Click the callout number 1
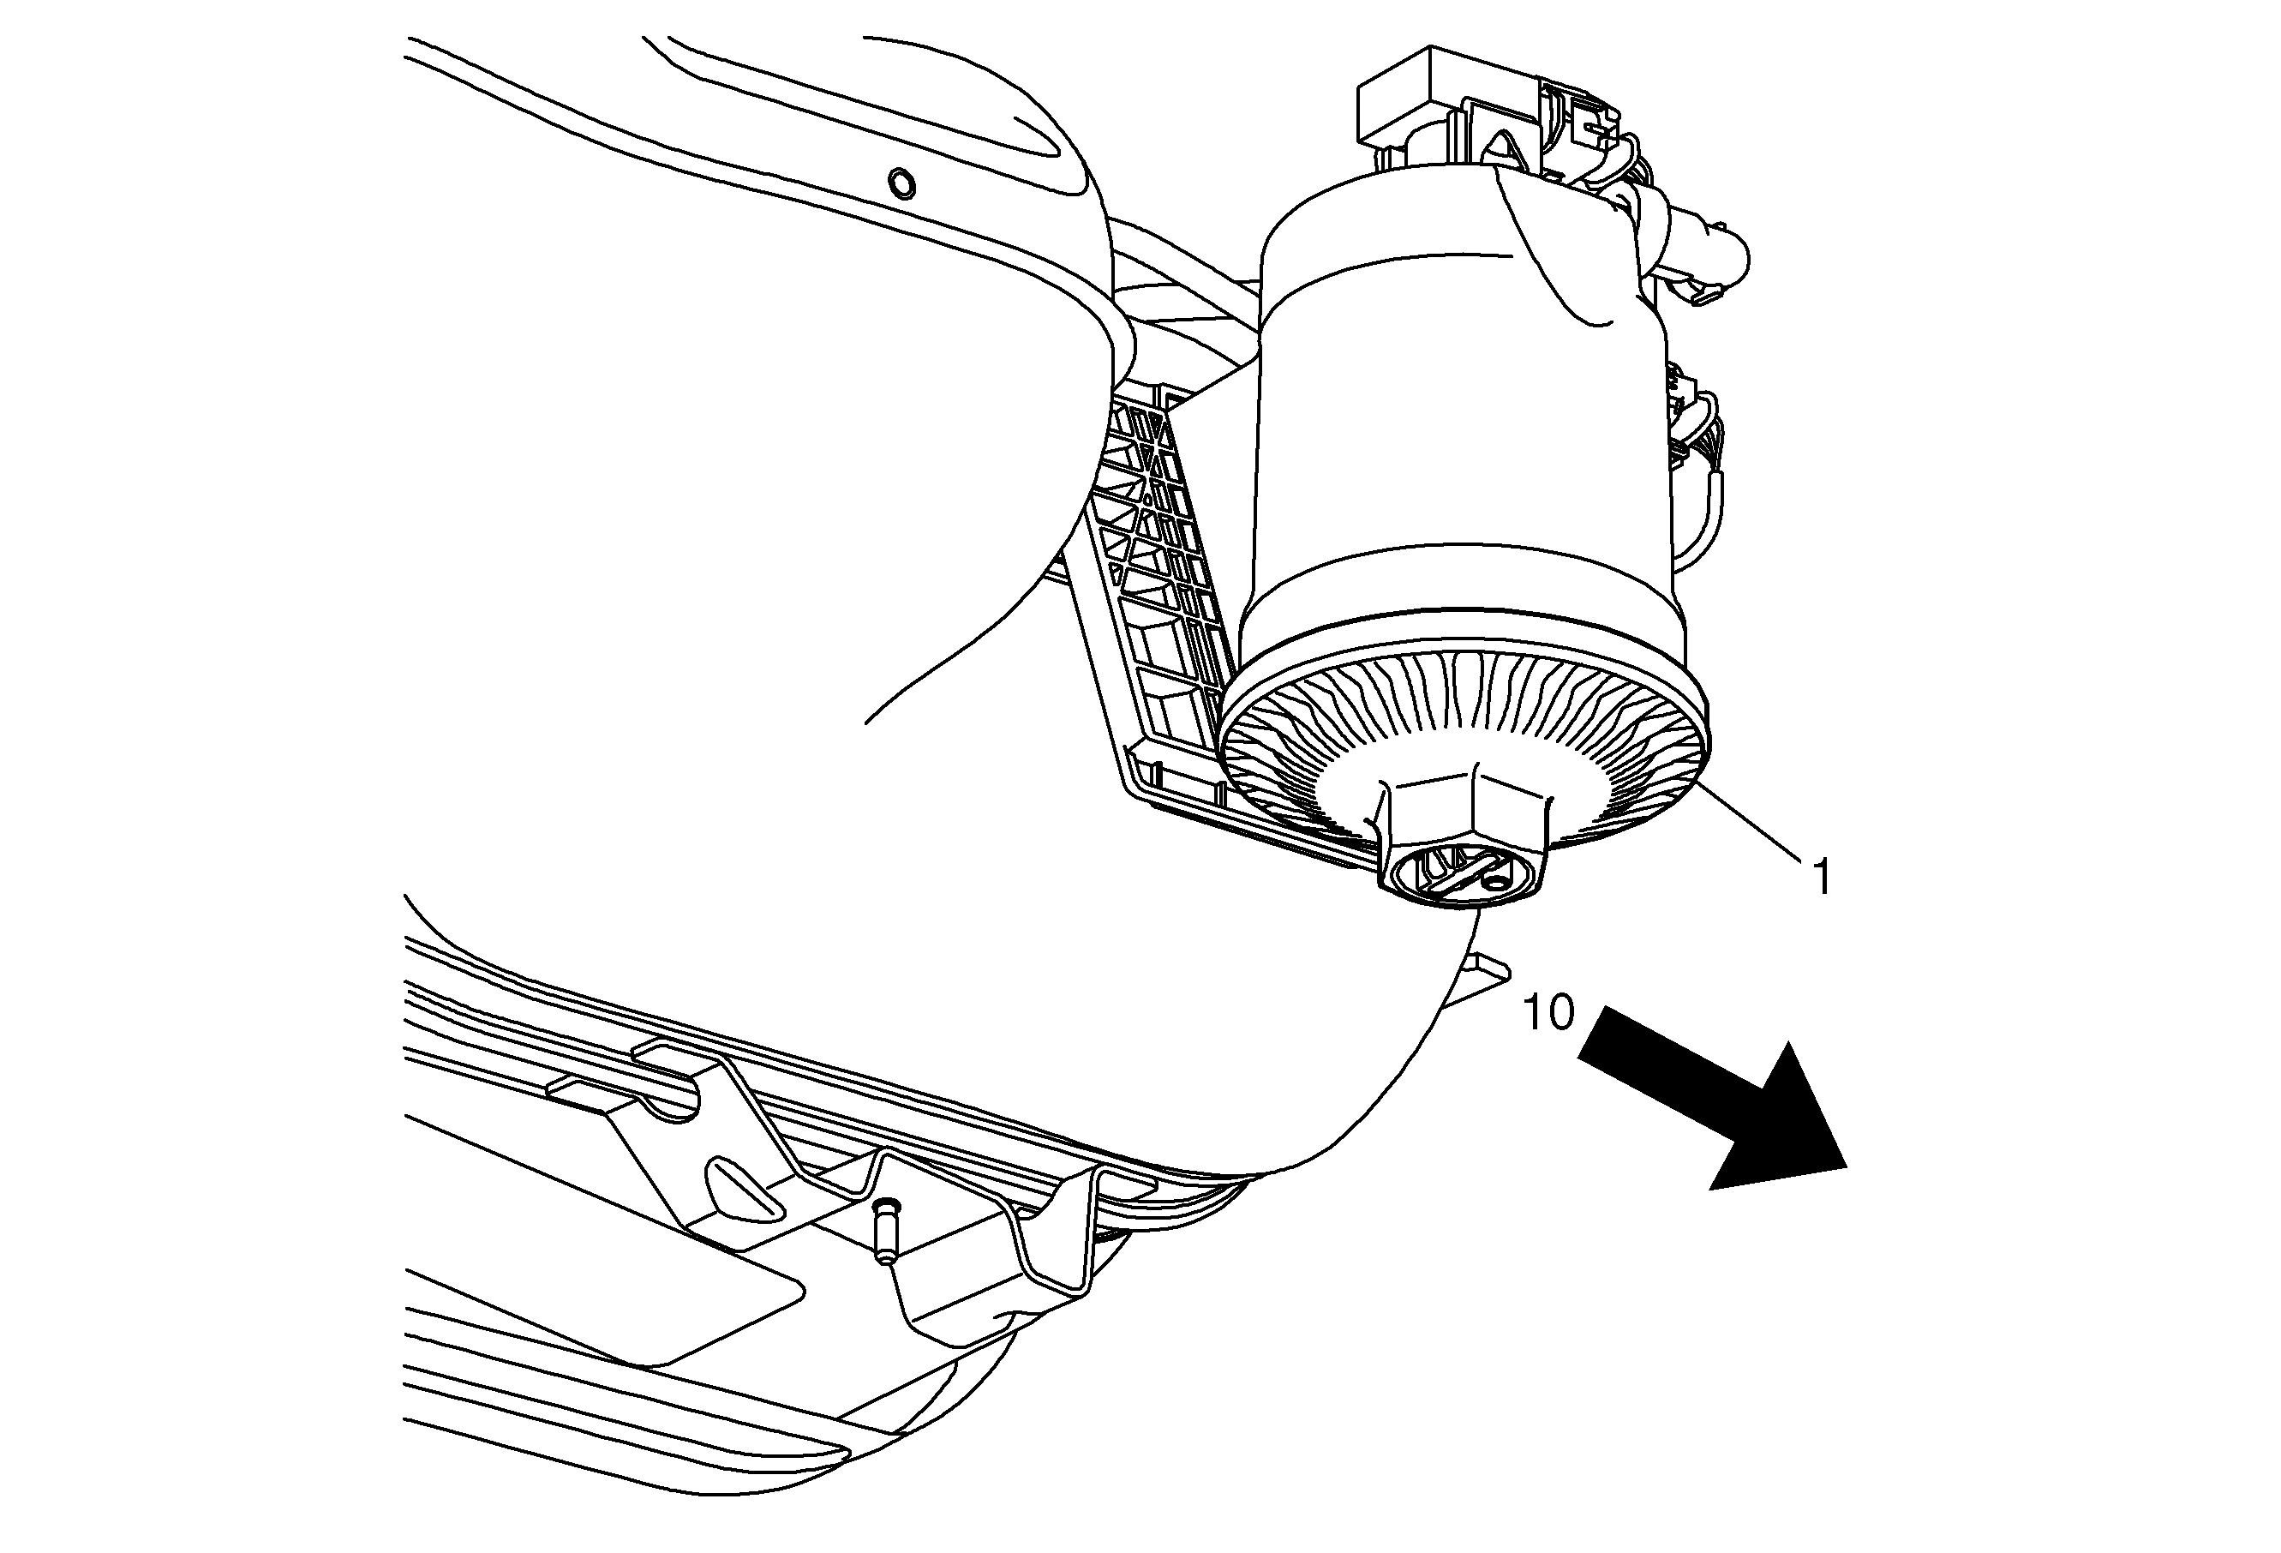click(1822, 877)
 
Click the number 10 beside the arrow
click(1549, 1012)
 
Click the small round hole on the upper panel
click(901, 183)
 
